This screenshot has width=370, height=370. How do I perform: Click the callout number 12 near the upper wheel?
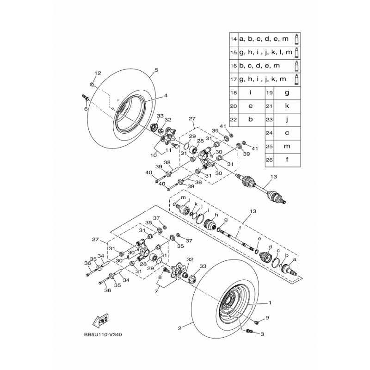[x=98, y=74]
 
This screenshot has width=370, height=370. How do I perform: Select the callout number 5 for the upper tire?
[x=157, y=70]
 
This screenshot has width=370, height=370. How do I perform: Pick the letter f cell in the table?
[x=287, y=160]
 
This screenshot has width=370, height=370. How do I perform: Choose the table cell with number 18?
[x=233, y=92]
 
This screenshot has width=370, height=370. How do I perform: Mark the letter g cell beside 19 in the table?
[x=287, y=92]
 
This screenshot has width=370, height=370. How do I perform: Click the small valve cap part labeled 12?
[x=92, y=86]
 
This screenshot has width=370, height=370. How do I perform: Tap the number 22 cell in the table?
[x=233, y=119]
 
